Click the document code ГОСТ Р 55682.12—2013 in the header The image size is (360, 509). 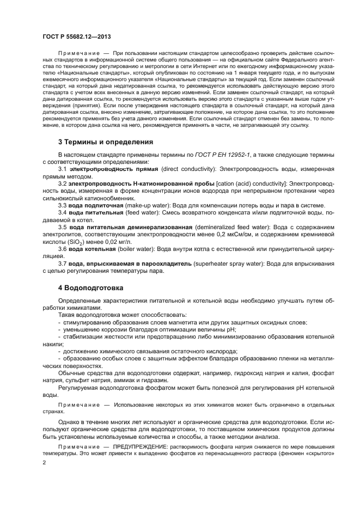click(x=73, y=36)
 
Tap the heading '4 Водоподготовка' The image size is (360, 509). click(x=90, y=287)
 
